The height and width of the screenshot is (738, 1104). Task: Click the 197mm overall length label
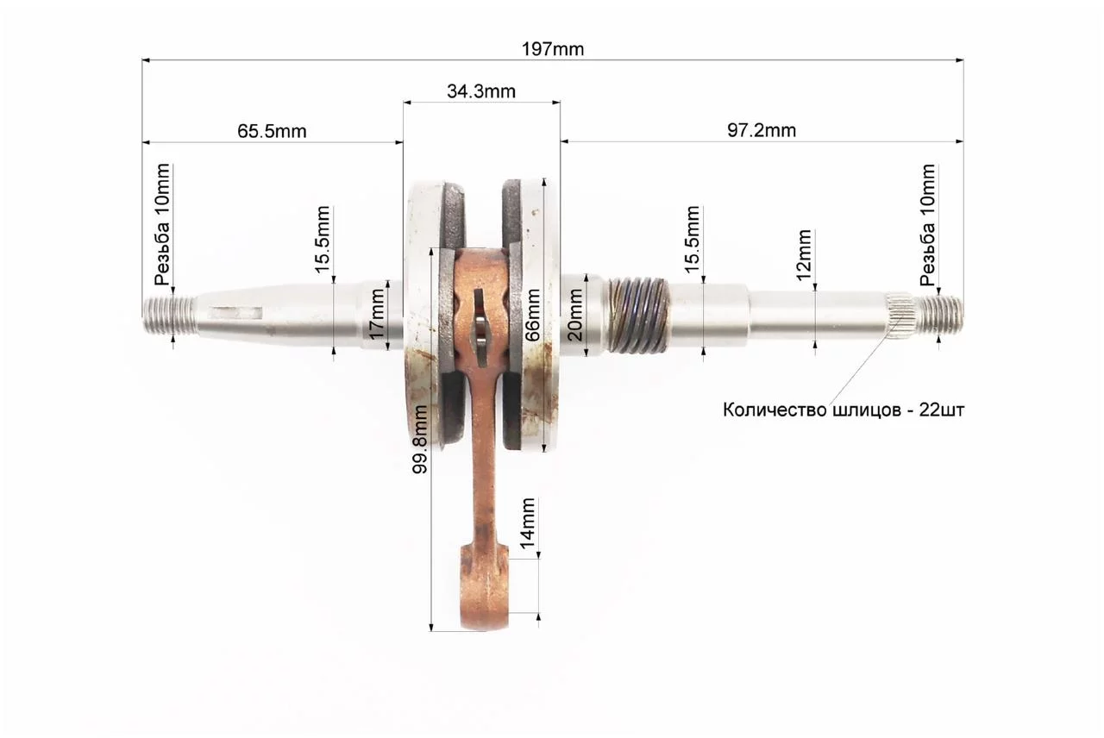click(x=553, y=49)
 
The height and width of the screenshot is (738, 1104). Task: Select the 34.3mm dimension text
click(x=481, y=91)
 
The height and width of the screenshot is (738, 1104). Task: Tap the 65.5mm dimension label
click(x=272, y=131)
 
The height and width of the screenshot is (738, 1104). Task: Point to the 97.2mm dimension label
click(x=762, y=130)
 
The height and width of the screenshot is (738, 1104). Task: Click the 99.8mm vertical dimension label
click(x=420, y=439)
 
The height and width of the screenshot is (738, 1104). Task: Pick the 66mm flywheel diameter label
click(x=532, y=316)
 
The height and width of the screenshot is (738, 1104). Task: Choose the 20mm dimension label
click(x=574, y=316)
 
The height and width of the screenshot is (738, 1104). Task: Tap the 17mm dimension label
click(x=377, y=313)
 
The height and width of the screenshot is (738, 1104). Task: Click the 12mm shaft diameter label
click(x=804, y=254)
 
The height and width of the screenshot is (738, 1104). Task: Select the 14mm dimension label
click(x=527, y=523)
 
